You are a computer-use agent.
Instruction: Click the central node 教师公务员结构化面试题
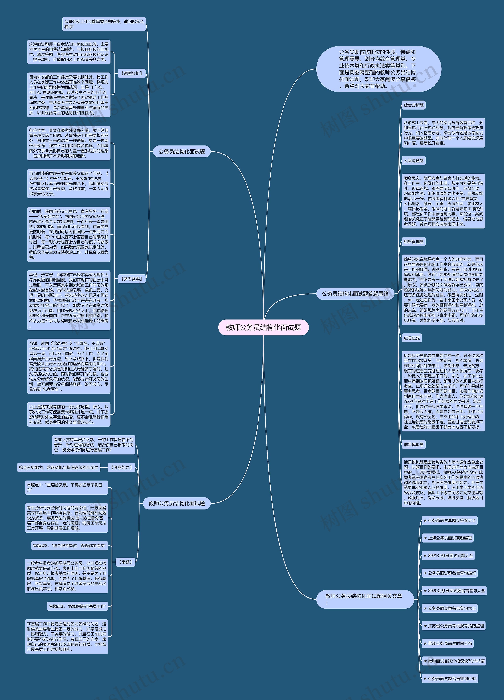[x=263, y=327]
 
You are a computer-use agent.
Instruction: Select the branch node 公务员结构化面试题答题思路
[x=355, y=293]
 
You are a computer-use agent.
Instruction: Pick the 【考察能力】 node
[x=122, y=467]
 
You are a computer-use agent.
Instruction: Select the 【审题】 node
[x=125, y=562]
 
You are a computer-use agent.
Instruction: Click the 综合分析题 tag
[x=413, y=105]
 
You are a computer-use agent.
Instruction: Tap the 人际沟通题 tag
[x=413, y=161]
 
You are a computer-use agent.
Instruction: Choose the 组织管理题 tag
[x=413, y=242]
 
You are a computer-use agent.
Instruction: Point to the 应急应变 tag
[x=412, y=338]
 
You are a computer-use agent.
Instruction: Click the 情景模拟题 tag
[x=413, y=444]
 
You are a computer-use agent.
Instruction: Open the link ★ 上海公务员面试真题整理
[x=447, y=538]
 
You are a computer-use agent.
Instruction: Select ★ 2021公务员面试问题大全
[x=448, y=556]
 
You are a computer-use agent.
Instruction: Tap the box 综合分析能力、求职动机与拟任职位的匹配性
[x=59, y=467]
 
